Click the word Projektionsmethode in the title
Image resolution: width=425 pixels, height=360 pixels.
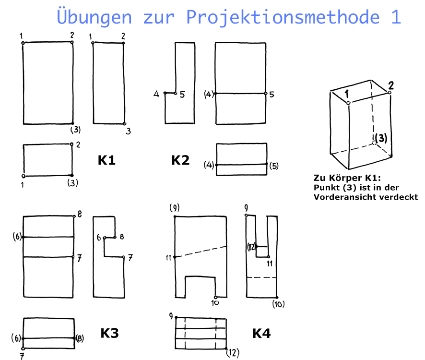[x=283, y=17]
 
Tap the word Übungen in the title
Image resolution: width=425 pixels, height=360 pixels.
[x=94, y=17]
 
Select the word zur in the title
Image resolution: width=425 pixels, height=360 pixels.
[x=159, y=18]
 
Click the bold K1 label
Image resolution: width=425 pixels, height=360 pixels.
[x=106, y=160]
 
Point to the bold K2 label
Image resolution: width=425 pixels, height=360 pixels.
[x=180, y=160]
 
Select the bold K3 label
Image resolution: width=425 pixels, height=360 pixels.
[x=109, y=333]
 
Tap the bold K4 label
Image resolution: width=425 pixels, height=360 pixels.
[x=261, y=333]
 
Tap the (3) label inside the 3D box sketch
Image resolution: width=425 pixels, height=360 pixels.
[x=381, y=138]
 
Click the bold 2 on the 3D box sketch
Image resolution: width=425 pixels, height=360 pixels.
[x=390, y=85]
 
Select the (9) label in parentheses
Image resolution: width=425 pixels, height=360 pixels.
[x=174, y=208]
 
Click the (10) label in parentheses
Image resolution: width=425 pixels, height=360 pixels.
[x=278, y=304]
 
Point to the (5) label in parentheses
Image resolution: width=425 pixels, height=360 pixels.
[x=274, y=166]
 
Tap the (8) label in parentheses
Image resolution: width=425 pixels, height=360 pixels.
[x=80, y=338]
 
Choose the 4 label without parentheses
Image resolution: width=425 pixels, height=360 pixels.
[x=156, y=94]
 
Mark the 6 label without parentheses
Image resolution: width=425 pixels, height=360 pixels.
[x=99, y=238]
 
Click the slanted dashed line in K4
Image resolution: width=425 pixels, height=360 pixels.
[x=201, y=252]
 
